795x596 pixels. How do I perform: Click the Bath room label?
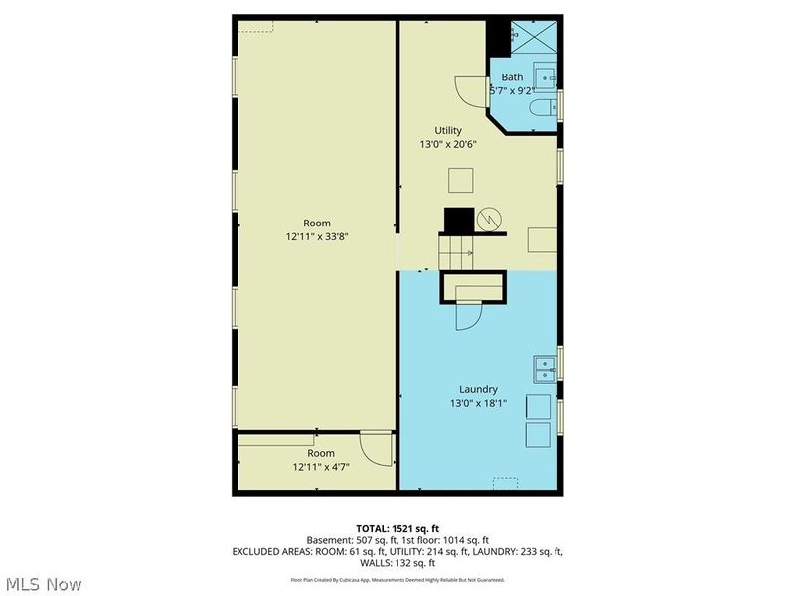(x=512, y=77)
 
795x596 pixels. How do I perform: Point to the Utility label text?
(x=448, y=130)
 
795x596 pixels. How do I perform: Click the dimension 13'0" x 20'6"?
(x=448, y=144)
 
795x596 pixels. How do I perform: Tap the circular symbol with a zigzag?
(x=490, y=219)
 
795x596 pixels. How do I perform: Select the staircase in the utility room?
(x=459, y=244)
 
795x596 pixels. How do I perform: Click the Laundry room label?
(x=478, y=389)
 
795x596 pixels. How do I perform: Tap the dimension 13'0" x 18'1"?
(x=478, y=403)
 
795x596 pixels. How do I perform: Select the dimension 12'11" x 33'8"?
(x=317, y=236)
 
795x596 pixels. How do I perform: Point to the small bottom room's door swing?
(x=376, y=450)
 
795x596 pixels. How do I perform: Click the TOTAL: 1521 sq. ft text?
(x=397, y=527)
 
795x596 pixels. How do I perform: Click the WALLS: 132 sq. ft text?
(x=397, y=562)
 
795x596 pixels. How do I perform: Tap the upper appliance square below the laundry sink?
(x=538, y=406)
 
